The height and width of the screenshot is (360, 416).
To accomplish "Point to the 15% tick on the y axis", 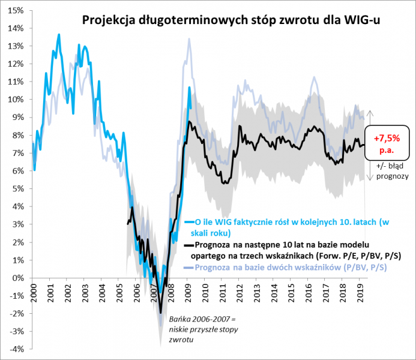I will [x=16, y=11].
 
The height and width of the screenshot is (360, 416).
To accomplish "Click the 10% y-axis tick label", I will [x=16, y=100].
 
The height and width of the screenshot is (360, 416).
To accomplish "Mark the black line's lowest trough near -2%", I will [x=161, y=312].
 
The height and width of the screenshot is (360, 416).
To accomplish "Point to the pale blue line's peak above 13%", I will [x=189, y=40].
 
